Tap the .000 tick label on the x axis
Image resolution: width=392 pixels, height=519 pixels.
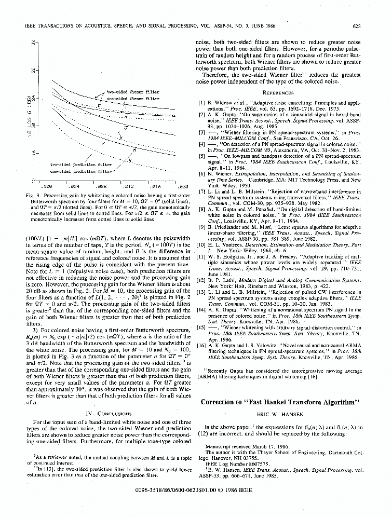point(46,185)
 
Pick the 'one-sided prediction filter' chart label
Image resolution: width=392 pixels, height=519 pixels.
point(81,170)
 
